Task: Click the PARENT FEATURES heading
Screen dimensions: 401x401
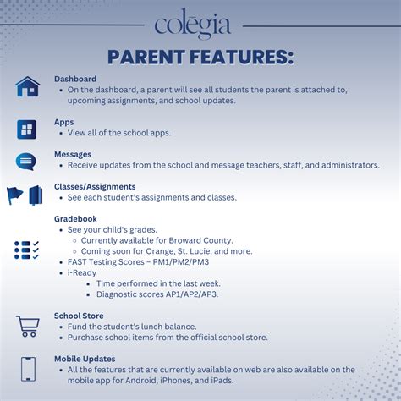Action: point(200,57)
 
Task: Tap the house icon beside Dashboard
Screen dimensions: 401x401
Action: point(28,86)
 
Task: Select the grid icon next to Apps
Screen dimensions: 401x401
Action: point(27,129)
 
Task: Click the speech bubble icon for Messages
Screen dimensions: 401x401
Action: point(26,162)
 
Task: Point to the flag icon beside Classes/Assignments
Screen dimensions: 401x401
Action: point(15,195)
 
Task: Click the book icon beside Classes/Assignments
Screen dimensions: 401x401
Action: point(36,195)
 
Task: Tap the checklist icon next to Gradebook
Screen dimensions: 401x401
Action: point(26,250)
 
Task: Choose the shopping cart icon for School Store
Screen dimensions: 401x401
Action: point(28,326)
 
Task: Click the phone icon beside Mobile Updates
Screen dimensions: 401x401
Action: point(28,369)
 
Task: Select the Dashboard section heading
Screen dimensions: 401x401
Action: point(75,79)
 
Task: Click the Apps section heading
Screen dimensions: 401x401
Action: point(64,122)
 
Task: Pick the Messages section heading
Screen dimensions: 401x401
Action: point(73,154)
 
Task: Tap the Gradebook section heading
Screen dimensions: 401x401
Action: point(75,219)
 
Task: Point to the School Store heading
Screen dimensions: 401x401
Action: point(79,316)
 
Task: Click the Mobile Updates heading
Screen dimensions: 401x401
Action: point(85,359)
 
